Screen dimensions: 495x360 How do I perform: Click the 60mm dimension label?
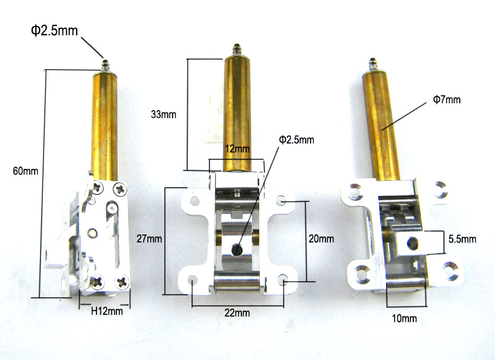tap(25, 171)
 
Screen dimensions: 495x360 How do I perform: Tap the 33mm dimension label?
tap(163, 114)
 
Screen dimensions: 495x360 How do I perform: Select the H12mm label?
tap(107, 311)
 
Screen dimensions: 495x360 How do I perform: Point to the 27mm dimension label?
tap(149, 239)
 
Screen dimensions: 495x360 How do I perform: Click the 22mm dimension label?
tap(237, 313)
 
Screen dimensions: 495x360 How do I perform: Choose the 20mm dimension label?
tap(321, 239)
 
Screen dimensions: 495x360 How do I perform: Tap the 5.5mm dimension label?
tap(462, 239)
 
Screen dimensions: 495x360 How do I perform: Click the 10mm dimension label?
tap(405, 319)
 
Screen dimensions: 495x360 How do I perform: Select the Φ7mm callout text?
tap(447, 100)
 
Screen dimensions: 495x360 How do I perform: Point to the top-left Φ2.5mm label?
tap(54, 30)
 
